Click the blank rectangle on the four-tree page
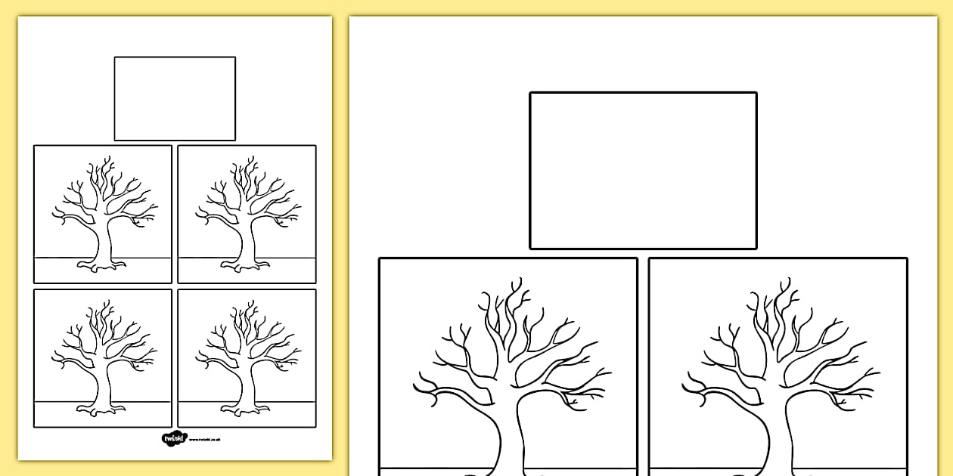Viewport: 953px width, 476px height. (175, 98)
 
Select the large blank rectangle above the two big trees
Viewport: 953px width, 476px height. (643, 170)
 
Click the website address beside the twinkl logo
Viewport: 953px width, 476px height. (204, 439)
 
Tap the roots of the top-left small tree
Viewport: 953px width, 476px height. (101, 265)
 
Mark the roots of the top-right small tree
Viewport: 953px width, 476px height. (244, 265)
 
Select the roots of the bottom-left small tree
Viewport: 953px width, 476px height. (101, 410)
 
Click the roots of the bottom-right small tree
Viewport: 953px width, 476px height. (244, 410)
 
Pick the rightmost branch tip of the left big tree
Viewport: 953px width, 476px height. (610, 371)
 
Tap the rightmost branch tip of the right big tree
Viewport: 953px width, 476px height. (880, 371)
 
